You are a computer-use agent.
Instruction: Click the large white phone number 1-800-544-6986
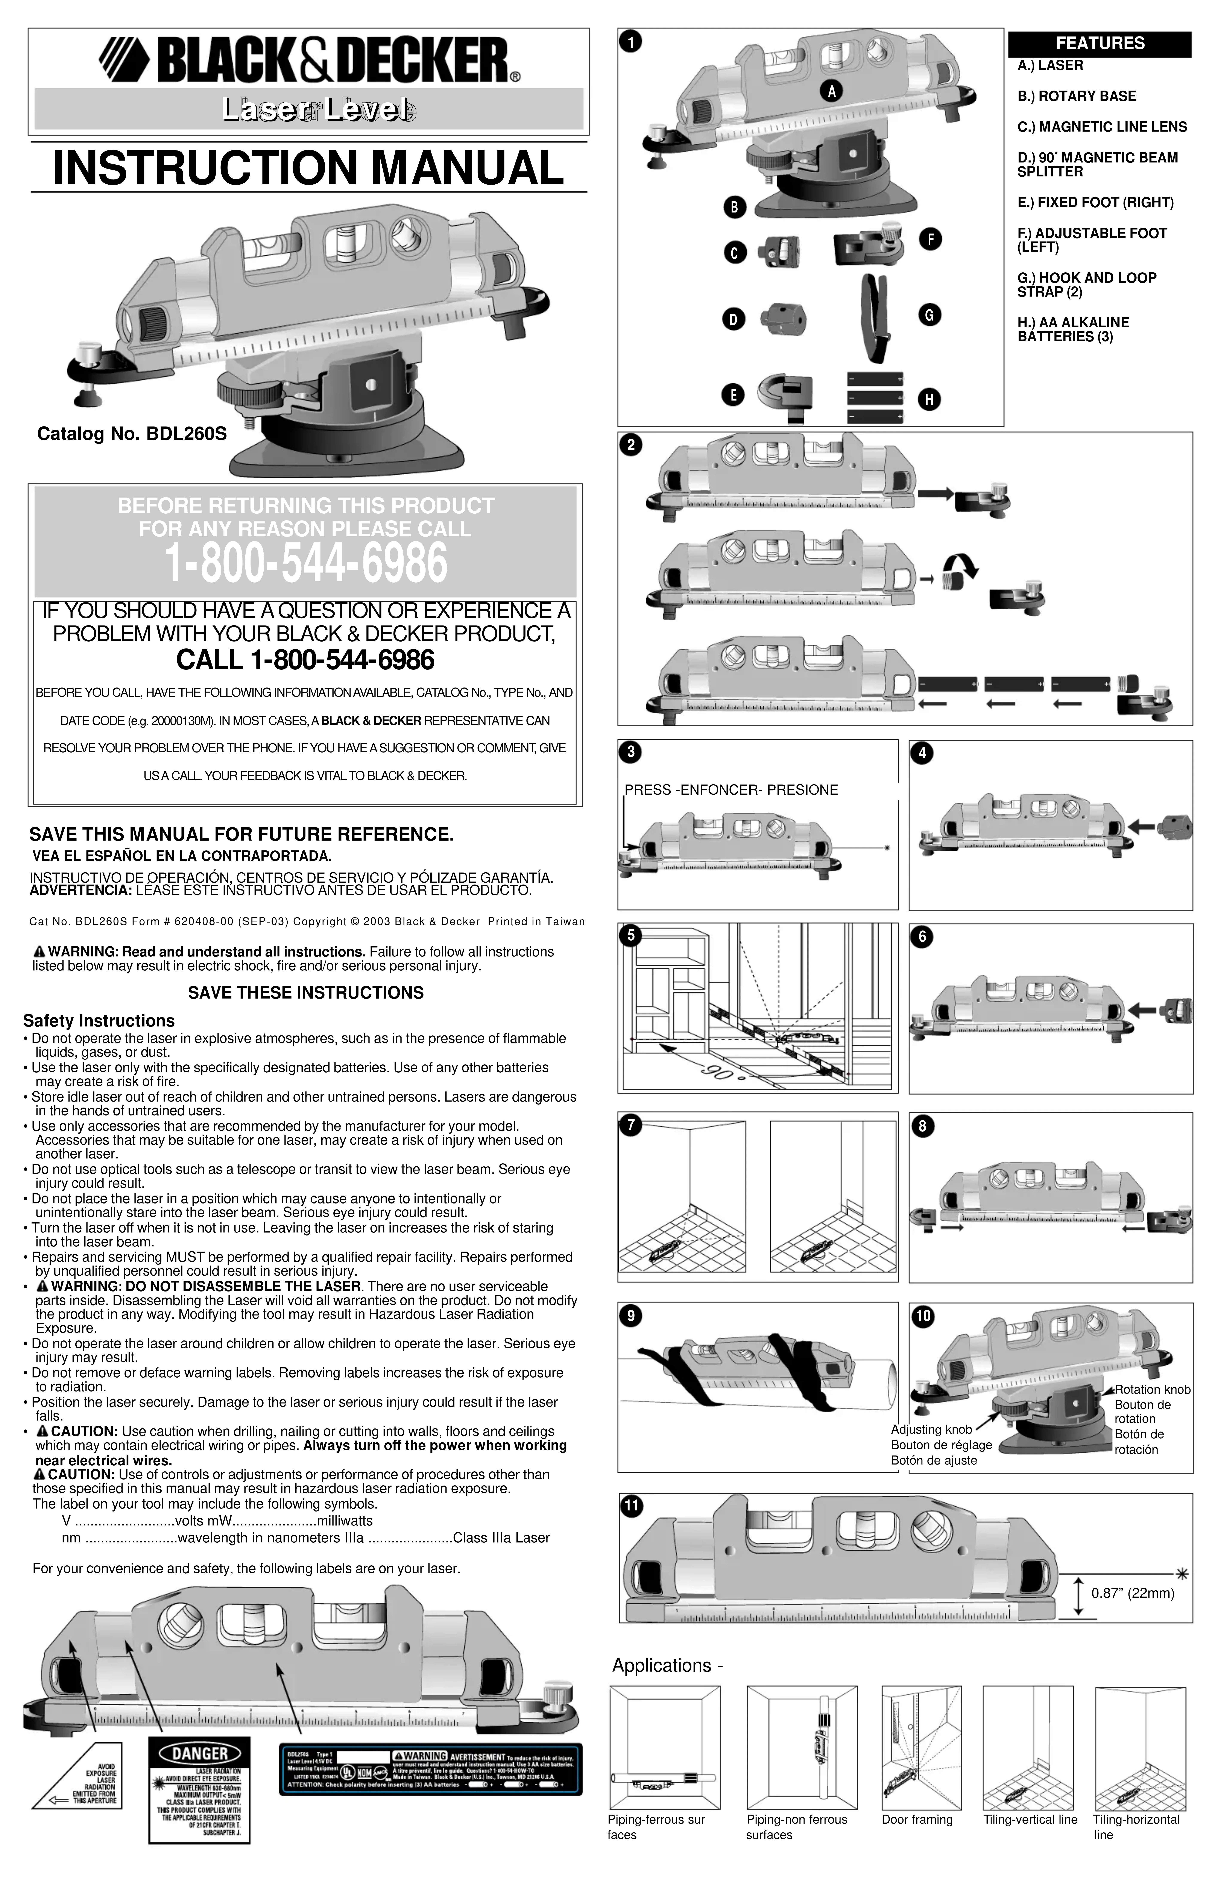coord(306,564)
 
